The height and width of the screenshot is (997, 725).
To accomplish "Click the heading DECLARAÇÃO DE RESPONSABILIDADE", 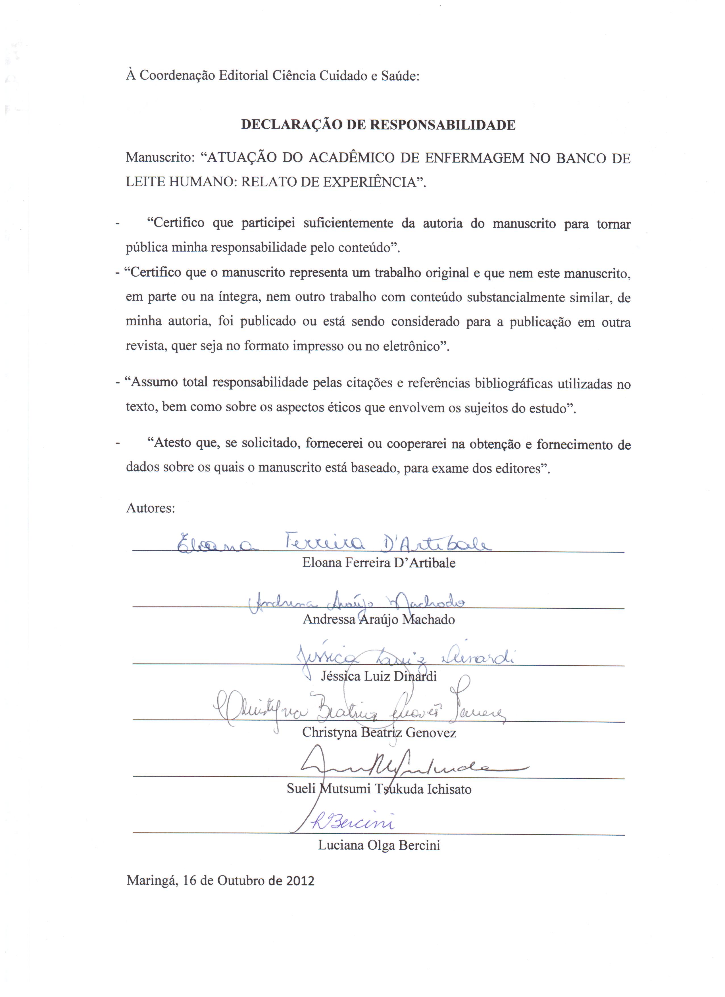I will point(378,125).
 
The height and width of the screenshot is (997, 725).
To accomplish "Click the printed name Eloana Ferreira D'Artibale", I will point(378,563).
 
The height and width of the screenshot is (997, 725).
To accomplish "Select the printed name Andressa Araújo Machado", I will point(378,620).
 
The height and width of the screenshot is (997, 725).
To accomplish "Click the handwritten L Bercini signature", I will point(352,821).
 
